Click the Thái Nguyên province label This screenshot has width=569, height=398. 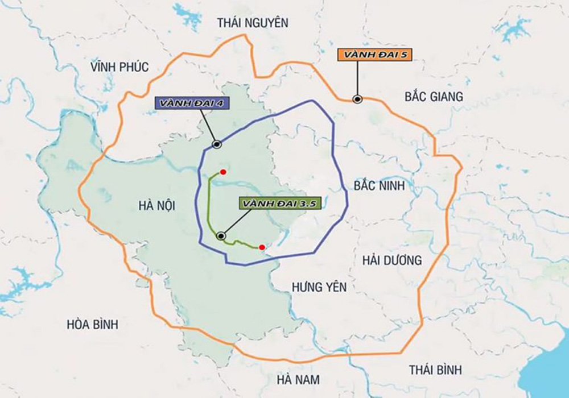pyautogui.click(x=253, y=23)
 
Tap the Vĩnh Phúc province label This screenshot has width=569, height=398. pyautogui.click(x=119, y=67)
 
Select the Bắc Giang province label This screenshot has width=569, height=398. pyautogui.click(x=434, y=97)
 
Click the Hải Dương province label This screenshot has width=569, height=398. pyautogui.click(x=391, y=260)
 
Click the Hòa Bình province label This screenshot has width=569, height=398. pyautogui.click(x=92, y=325)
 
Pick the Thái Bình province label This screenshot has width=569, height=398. pyautogui.click(x=435, y=370)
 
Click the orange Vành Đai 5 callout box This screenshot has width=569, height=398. pyautogui.click(x=374, y=55)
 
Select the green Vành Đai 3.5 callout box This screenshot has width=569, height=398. pyautogui.click(x=279, y=203)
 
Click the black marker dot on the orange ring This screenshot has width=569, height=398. pyautogui.click(x=357, y=99)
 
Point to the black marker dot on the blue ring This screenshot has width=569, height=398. pyautogui.click(x=216, y=144)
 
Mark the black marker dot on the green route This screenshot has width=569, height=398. pyautogui.click(x=221, y=235)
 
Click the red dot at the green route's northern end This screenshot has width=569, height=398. pyautogui.click(x=224, y=172)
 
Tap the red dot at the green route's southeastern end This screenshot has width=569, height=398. pyautogui.click(x=261, y=247)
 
